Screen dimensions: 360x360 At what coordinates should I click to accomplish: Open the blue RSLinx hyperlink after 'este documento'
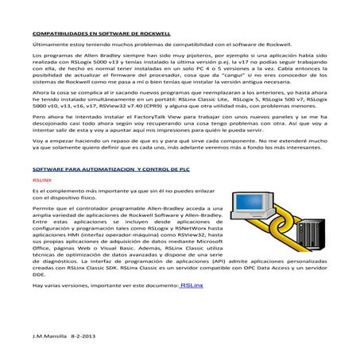click(x=192, y=285)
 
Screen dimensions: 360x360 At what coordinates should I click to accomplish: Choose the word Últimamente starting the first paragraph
click(x=49, y=45)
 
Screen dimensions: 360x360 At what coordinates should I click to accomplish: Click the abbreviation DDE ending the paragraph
click(x=37, y=274)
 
